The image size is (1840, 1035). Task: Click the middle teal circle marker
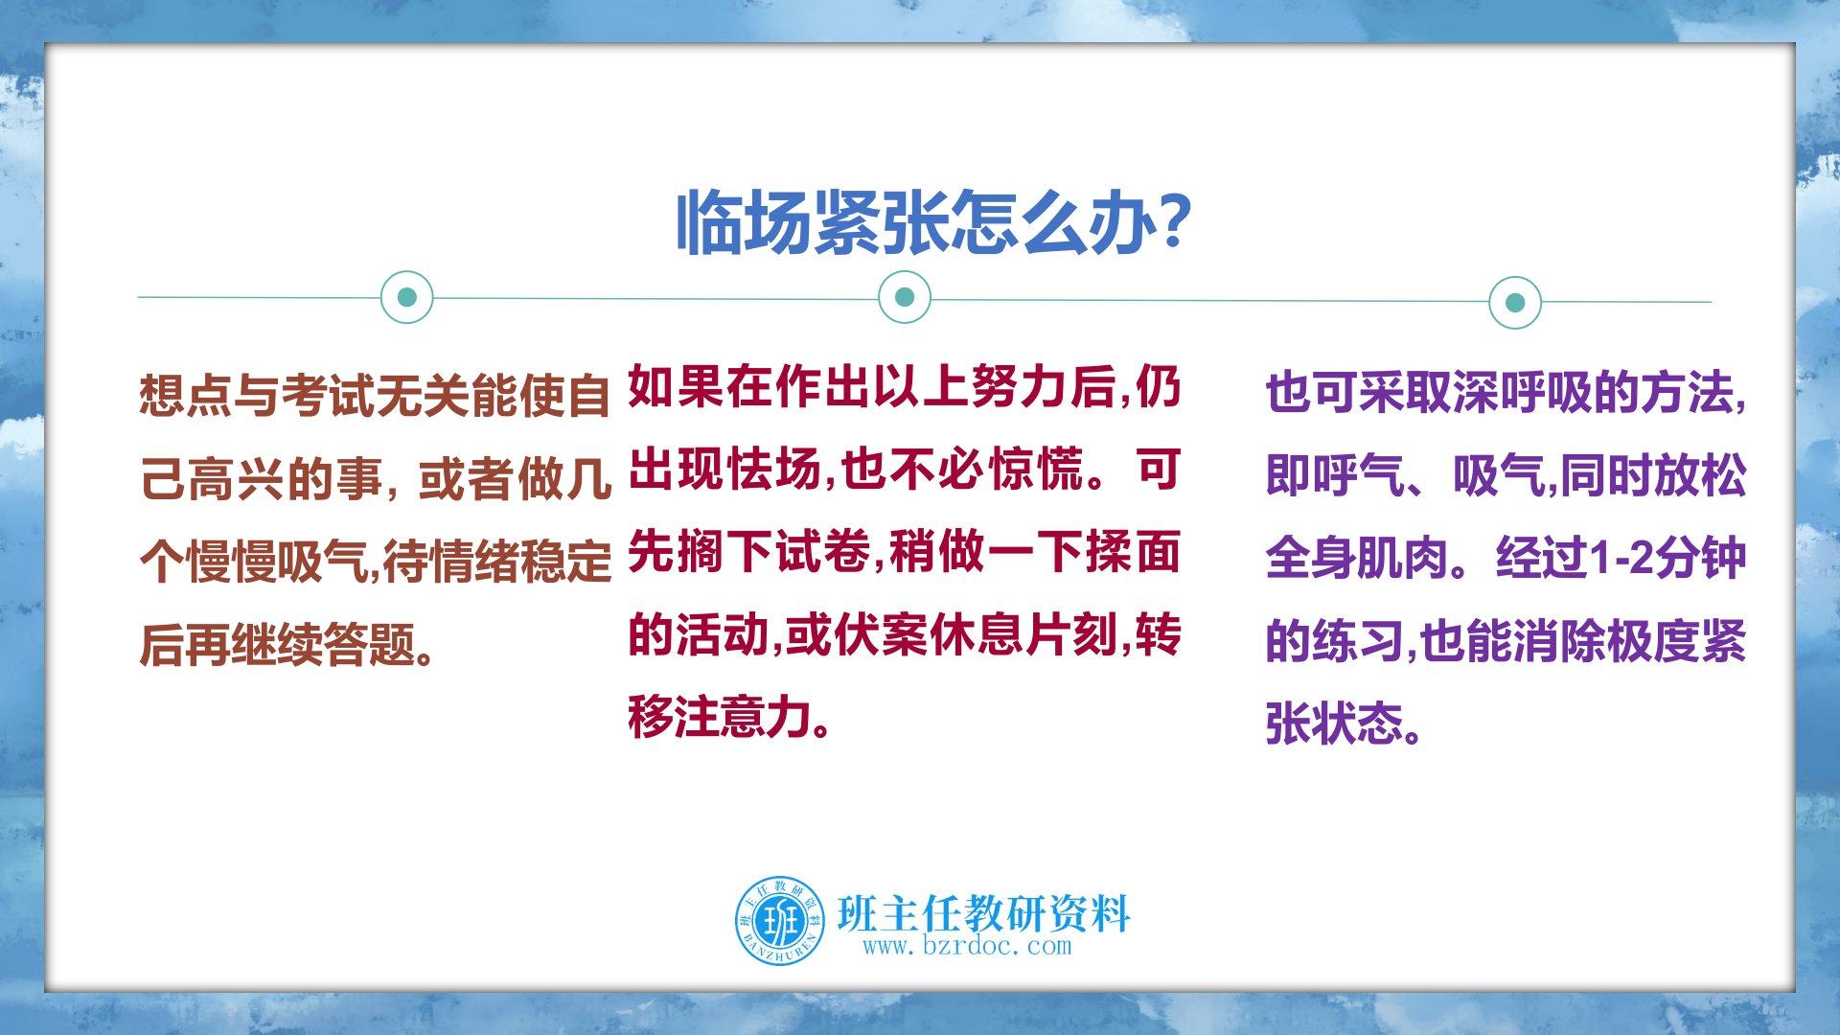pos(904,296)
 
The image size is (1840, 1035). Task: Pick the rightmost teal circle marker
pos(1515,303)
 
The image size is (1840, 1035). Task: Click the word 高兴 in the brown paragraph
pos(235,480)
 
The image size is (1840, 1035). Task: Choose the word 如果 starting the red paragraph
pos(676,389)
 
